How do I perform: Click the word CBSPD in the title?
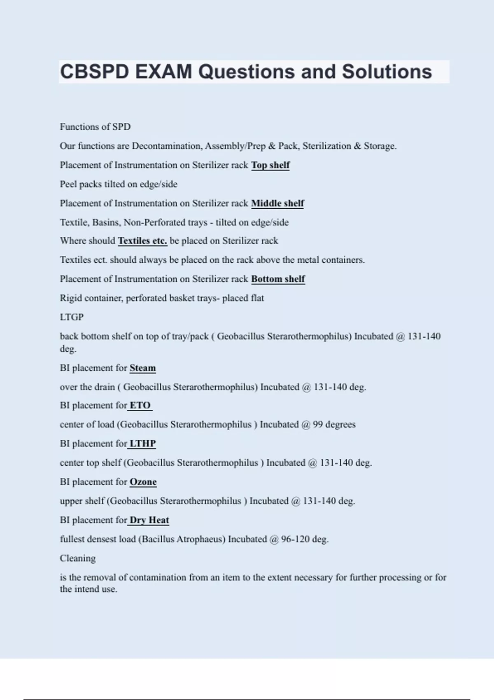(95, 72)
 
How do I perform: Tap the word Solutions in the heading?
(387, 72)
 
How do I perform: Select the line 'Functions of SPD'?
(95, 127)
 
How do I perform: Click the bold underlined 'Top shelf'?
(270, 165)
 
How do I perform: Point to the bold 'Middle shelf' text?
(277, 203)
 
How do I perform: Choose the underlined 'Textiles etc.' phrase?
(142, 241)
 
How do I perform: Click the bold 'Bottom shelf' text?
(278, 279)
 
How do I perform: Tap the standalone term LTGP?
(72, 317)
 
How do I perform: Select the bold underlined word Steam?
(142, 368)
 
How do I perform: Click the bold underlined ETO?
(140, 406)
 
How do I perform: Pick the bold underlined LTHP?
(142, 444)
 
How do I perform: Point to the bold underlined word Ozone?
(143, 482)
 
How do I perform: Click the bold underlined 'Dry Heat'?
(149, 520)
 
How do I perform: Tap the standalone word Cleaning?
(77, 558)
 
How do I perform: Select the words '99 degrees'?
(334, 425)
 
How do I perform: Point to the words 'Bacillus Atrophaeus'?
(183, 539)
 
